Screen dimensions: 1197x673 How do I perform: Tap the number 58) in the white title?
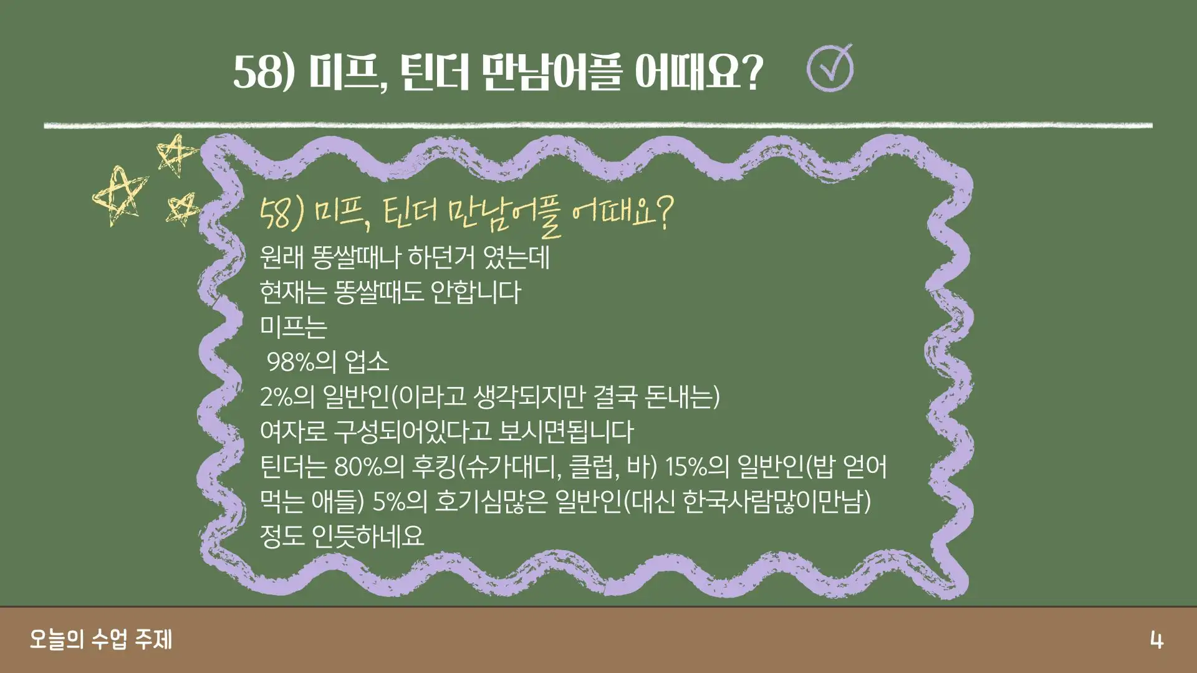(x=264, y=72)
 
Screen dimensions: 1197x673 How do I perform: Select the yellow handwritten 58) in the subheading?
(x=282, y=214)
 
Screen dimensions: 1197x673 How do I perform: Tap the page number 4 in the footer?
(x=1156, y=641)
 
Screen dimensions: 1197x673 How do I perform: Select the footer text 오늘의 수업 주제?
(x=101, y=640)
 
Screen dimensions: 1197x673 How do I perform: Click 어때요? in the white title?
(x=699, y=72)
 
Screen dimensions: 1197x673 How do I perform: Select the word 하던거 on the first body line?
(x=441, y=257)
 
